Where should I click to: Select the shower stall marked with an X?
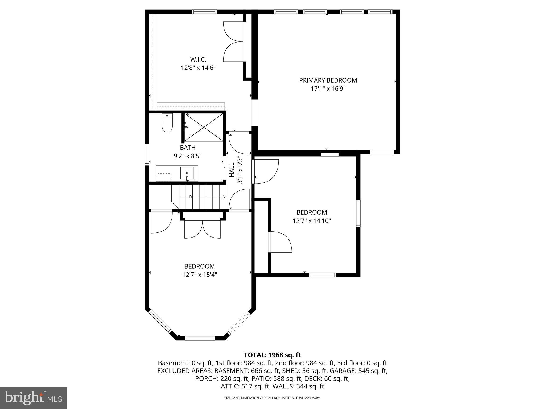204,127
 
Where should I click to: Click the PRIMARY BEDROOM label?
328,80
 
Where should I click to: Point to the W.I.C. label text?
198,59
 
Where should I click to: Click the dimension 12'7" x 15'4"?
200,275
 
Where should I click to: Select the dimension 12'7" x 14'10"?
312,221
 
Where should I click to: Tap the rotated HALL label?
232,170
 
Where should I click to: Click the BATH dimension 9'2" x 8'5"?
188,156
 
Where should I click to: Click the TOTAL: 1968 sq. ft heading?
272,355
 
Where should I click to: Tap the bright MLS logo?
33,398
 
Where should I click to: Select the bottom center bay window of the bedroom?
200,338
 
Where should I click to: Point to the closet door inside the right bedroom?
279,242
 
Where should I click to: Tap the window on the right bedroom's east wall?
358,214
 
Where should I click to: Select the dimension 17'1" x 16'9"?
328,89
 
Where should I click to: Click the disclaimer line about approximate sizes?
272,398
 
